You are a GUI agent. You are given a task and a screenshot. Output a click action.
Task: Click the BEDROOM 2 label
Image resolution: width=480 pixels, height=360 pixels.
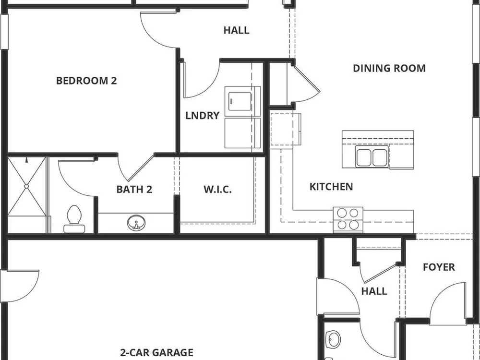click(86, 81)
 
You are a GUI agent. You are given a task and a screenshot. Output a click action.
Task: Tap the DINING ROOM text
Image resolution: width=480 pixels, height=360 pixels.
click(389, 68)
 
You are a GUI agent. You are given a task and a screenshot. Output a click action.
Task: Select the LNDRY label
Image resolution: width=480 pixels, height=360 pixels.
click(203, 115)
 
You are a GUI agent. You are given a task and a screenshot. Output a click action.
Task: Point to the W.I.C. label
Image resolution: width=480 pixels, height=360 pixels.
click(217, 189)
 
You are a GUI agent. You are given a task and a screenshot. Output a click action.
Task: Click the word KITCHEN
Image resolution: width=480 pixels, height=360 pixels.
click(331, 186)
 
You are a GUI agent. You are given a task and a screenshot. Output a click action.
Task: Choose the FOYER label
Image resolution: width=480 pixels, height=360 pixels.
click(439, 267)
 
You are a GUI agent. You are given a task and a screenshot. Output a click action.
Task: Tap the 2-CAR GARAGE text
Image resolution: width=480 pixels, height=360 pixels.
click(156, 352)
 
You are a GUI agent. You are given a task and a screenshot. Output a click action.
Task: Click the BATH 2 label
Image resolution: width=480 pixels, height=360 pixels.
click(134, 189)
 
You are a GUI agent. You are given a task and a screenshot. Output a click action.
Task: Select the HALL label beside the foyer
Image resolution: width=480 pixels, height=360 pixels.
click(374, 291)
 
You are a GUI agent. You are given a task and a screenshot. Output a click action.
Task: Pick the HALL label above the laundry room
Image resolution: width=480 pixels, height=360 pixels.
click(236, 30)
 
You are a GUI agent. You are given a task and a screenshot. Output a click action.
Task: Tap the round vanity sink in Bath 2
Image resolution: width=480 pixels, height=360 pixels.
click(136, 223)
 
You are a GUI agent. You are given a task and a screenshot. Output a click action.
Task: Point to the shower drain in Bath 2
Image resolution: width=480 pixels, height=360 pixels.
click(26, 186)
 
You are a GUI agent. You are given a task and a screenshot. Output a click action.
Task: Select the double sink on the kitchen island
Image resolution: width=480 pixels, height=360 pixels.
click(372, 156)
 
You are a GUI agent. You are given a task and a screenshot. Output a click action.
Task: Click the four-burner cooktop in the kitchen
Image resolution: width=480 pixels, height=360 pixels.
click(348, 219)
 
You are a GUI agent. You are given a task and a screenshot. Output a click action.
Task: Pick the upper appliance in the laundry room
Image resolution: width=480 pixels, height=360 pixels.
click(243, 101)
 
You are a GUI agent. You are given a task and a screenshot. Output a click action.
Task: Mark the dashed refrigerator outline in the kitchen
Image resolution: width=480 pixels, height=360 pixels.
click(285, 129)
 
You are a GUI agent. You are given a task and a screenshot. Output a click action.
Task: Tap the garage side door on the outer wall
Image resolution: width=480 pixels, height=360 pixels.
click(20, 286)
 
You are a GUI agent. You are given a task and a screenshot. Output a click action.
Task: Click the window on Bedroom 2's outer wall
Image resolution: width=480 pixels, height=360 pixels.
click(4, 31)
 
